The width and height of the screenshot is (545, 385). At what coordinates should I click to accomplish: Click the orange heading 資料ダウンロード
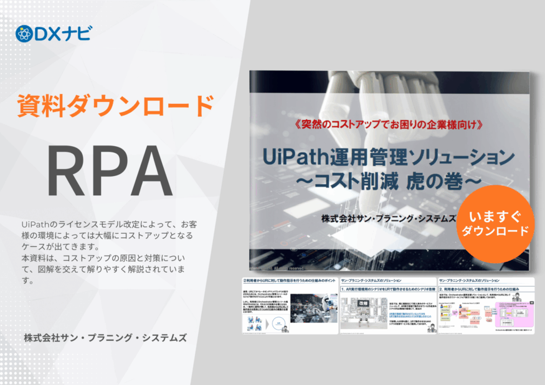(x=115, y=105)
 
